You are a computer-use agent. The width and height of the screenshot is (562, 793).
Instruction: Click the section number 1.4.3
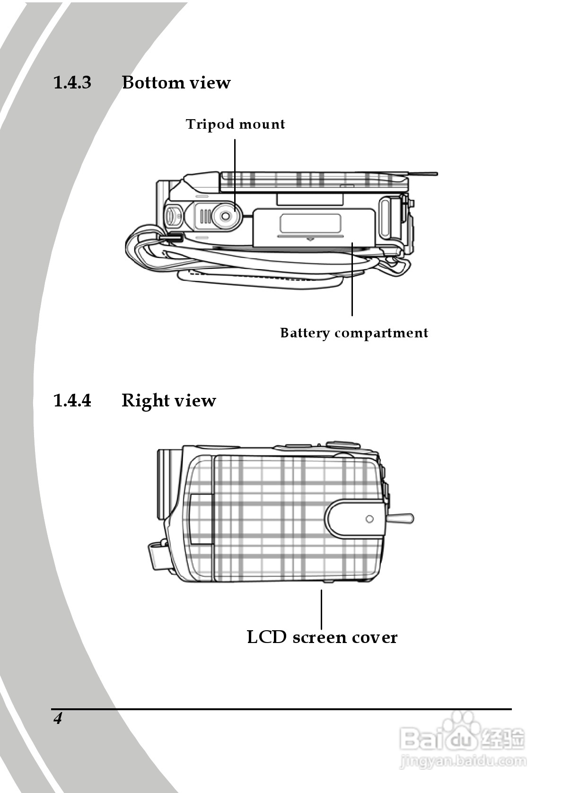[x=72, y=83]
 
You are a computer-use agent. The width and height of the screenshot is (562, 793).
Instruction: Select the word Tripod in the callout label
[x=210, y=124]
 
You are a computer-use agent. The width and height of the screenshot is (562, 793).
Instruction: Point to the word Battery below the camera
[x=305, y=333]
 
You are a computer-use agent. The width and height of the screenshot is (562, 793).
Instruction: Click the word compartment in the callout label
[x=381, y=333]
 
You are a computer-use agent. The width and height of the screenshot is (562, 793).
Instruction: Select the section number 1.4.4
[x=72, y=401]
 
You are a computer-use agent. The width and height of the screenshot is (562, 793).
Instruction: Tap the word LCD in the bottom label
[x=267, y=637]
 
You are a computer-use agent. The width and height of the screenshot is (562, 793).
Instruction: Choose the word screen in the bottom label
[x=320, y=637]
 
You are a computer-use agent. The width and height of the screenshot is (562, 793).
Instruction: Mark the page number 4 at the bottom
[x=58, y=719]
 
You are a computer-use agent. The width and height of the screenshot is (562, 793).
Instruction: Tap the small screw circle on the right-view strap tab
[x=369, y=519]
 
